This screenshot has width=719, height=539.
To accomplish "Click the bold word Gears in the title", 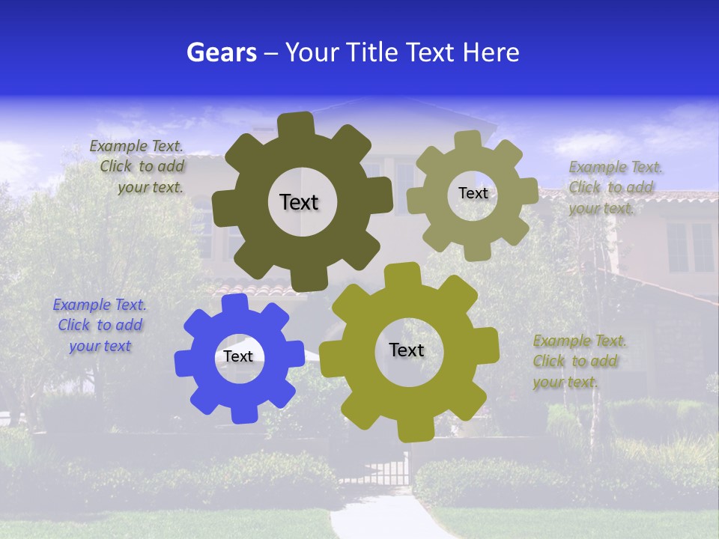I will pyautogui.click(x=221, y=52).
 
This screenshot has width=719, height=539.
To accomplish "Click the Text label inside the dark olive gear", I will pyautogui.click(x=299, y=202).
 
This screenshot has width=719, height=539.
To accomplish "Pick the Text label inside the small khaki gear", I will pyautogui.click(x=473, y=193).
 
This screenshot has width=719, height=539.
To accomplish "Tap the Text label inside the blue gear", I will pyautogui.click(x=238, y=356).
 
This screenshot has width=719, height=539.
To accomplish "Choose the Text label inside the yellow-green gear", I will pyautogui.click(x=407, y=350).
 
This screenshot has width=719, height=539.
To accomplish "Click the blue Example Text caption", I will pyautogui.click(x=100, y=326).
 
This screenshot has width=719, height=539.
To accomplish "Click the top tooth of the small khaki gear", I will pyautogui.click(x=468, y=139).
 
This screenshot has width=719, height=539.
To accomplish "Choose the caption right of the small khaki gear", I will pyautogui.click(x=613, y=187).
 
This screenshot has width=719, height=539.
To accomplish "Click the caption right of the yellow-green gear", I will pyautogui.click(x=578, y=361).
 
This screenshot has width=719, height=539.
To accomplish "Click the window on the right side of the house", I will pyautogui.click(x=690, y=247).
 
